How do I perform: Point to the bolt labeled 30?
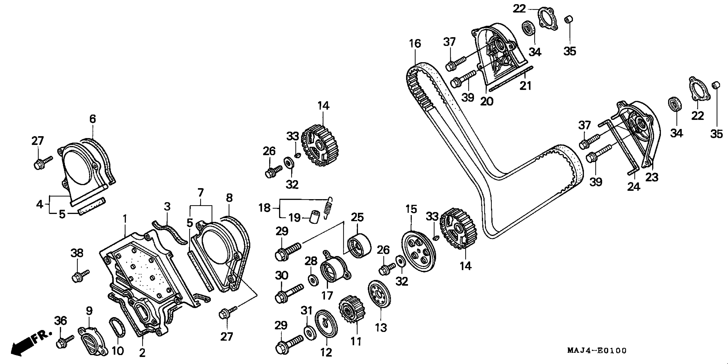click(x=288, y=293)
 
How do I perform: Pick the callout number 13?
click(x=381, y=328)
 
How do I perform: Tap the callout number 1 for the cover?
click(x=125, y=219)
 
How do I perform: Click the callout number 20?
click(x=487, y=101)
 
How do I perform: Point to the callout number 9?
click(x=89, y=311)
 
